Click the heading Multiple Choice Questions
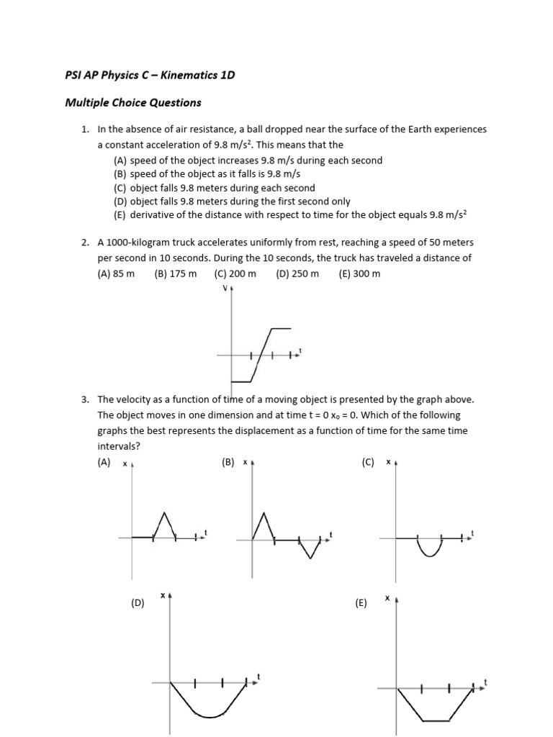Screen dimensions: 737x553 pos(133,103)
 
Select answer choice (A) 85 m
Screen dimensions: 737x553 pos(116,274)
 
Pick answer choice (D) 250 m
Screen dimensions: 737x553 pos(297,274)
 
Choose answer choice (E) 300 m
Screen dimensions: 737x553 pos(359,274)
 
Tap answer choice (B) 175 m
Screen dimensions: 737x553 pos(175,274)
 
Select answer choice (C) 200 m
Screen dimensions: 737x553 pos(235,274)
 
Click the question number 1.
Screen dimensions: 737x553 pos(84,130)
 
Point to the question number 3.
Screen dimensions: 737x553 pos(84,399)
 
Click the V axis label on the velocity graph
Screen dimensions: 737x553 pos(225,289)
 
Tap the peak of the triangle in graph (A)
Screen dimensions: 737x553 pos(166,513)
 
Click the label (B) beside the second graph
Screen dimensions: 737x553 pos(229,463)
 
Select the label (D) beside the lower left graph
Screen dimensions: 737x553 pos(138,603)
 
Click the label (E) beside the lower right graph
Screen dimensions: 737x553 pos(361,603)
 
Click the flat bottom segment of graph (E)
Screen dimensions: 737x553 pos(435,720)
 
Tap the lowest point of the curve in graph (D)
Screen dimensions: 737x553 pos(208,717)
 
